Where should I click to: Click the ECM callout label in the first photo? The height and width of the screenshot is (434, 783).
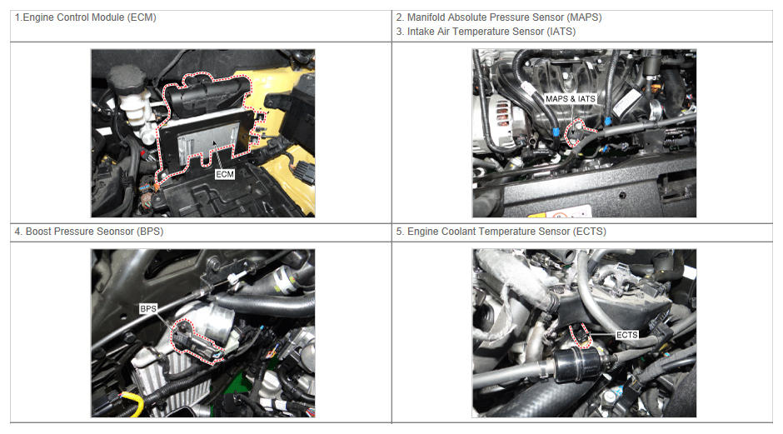pos(225,174)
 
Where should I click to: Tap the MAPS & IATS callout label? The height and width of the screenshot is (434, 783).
pos(571,99)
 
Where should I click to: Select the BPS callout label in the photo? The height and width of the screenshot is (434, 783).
pos(148,309)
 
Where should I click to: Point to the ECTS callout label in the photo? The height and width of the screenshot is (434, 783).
pos(627,335)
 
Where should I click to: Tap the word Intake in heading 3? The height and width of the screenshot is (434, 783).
pos(421,32)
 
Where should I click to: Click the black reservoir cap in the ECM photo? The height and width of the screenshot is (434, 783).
pos(127,79)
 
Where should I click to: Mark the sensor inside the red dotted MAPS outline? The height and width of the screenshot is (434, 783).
pos(576,131)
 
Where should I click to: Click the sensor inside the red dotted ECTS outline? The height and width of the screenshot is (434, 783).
pos(581,335)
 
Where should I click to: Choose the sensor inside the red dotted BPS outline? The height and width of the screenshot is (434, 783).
pos(193,341)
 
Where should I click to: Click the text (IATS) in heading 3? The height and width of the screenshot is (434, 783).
pos(561,32)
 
